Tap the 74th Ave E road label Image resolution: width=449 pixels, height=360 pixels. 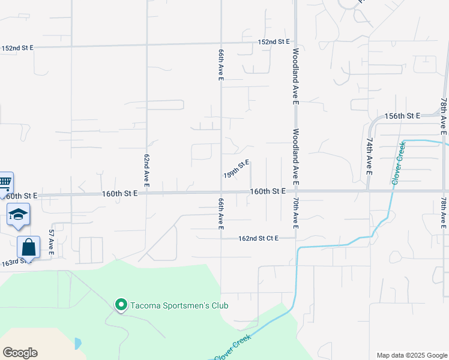click(x=368, y=155)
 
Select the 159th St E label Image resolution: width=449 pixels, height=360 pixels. click(x=236, y=169)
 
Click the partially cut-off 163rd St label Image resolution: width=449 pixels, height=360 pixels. click(x=13, y=262)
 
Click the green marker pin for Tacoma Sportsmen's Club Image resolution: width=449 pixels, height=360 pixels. click(x=121, y=305)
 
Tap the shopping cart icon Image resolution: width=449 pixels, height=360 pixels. click(x=5, y=182)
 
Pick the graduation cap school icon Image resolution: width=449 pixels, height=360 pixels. click(x=18, y=214)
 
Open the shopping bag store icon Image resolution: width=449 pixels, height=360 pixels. click(x=28, y=247)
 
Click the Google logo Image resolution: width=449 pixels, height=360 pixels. click(x=20, y=353)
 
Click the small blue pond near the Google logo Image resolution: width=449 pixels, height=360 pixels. click(x=77, y=344)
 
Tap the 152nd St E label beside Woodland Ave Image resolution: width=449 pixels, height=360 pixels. click(x=274, y=41)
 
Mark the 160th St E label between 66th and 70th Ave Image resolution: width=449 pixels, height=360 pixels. click(x=267, y=191)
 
